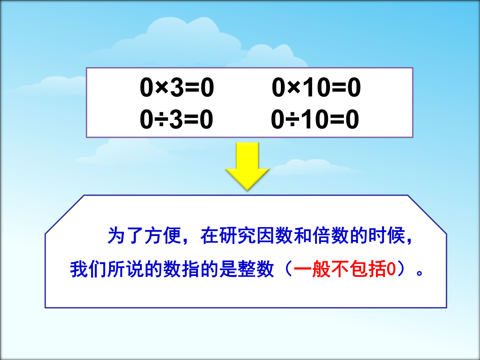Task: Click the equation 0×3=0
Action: (x=177, y=88)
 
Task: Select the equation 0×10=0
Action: (x=316, y=88)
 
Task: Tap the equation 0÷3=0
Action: (x=176, y=119)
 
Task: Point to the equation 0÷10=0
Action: (x=315, y=119)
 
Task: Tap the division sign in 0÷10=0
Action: (x=293, y=120)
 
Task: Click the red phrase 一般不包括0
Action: (x=345, y=269)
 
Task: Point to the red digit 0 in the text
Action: (x=391, y=270)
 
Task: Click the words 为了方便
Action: (x=144, y=236)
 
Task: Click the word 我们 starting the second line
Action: (x=88, y=269)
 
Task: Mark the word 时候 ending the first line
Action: (x=387, y=236)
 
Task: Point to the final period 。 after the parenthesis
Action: (x=420, y=272)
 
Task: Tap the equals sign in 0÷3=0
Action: (x=191, y=120)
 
